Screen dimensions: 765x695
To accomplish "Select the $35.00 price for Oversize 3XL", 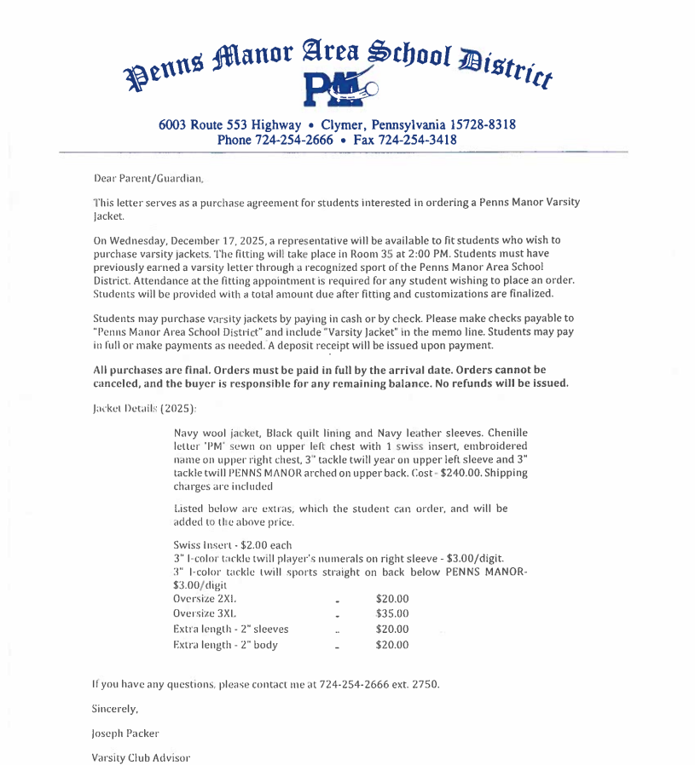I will (x=392, y=613).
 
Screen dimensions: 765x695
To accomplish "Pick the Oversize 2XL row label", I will (x=205, y=598).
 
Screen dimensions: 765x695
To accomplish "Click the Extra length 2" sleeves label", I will (x=230, y=629).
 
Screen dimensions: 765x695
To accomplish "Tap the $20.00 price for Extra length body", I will (x=392, y=645).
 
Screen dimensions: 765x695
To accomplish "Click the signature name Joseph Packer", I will (x=125, y=733).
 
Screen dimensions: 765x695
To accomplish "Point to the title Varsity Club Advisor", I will (x=141, y=756).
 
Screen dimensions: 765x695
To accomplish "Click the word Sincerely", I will (x=114, y=709).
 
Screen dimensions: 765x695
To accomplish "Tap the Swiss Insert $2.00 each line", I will (x=232, y=545).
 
